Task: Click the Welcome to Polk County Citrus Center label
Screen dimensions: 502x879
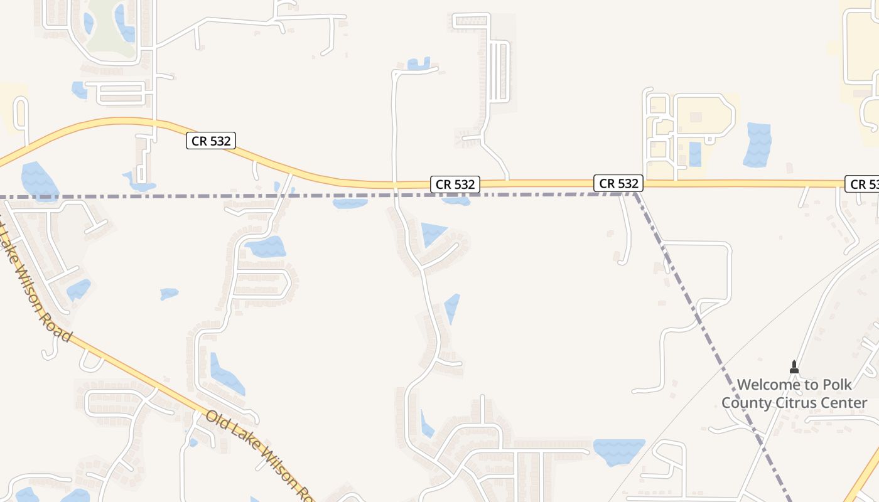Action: [x=794, y=393]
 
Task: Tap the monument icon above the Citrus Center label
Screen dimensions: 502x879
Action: [x=794, y=366]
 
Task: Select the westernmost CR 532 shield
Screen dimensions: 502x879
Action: [x=211, y=141]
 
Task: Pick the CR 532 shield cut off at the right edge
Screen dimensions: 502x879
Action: [x=863, y=184]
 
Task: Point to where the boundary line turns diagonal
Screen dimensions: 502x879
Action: [x=635, y=194]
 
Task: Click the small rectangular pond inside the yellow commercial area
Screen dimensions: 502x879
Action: [x=695, y=154]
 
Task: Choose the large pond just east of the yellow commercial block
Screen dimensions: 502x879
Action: [x=757, y=144]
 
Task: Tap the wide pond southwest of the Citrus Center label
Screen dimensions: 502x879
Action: [x=618, y=451]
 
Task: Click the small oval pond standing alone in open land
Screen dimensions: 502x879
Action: [x=169, y=294]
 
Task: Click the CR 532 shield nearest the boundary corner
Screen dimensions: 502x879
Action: [x=618, y=183]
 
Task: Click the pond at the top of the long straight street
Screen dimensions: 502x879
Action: [x=419, y=63]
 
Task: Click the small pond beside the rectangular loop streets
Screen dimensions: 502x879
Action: [x=79, y=90]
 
